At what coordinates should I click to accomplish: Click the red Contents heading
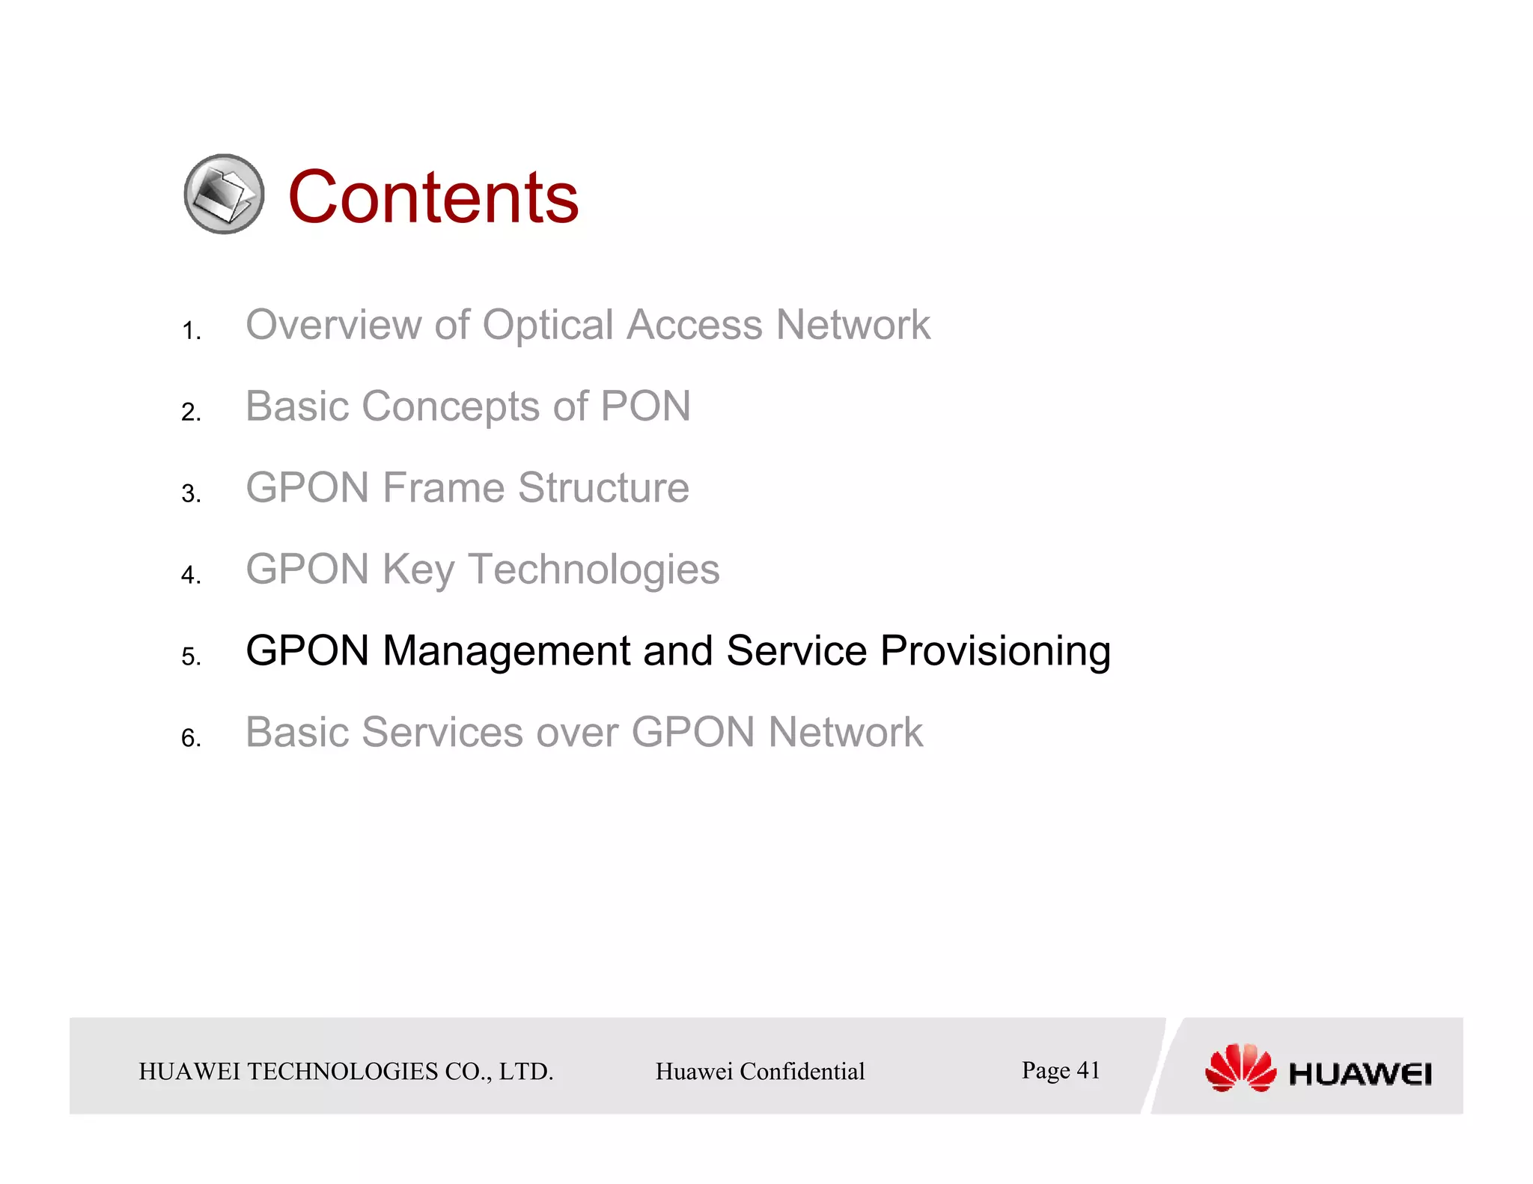click(433, 197)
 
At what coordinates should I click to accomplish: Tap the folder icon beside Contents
click(224, 195)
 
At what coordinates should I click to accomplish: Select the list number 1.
click(191, 331)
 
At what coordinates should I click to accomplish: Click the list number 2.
click(191, 412)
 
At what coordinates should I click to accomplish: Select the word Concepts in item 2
click(450, 407)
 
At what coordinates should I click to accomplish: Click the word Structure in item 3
click(603, 488)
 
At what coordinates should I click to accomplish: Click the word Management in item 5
click(506, 651)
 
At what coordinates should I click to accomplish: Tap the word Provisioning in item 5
click(995, 651)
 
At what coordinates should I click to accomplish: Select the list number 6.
click(191, 739)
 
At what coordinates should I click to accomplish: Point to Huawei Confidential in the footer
click(760, 1072)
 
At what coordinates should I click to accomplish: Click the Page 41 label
click(1061, 1070)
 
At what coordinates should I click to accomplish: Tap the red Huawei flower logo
click(1240, 1068)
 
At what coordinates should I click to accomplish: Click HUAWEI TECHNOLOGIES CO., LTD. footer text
click(346, 1072)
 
